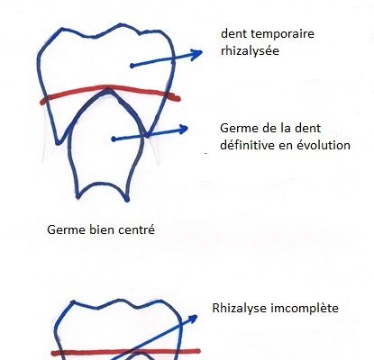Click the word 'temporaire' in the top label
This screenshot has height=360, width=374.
[282, 34]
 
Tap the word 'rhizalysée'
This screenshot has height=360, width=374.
[250, 50]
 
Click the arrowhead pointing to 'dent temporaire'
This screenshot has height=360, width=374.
[196, 54]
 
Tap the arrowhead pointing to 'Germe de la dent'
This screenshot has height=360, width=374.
[182, 129]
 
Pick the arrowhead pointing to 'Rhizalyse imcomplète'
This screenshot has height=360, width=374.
[193, 319]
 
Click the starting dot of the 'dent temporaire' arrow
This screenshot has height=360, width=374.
[132, 66]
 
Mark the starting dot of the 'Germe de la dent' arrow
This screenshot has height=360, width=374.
[114, 139]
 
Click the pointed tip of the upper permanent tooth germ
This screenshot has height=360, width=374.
[107, 89]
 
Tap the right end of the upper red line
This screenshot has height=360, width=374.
[178, 98]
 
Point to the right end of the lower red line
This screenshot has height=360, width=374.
[198, 351]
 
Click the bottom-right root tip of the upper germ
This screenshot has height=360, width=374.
[127, 199]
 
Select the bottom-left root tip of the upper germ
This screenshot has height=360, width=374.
[78, 197]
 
